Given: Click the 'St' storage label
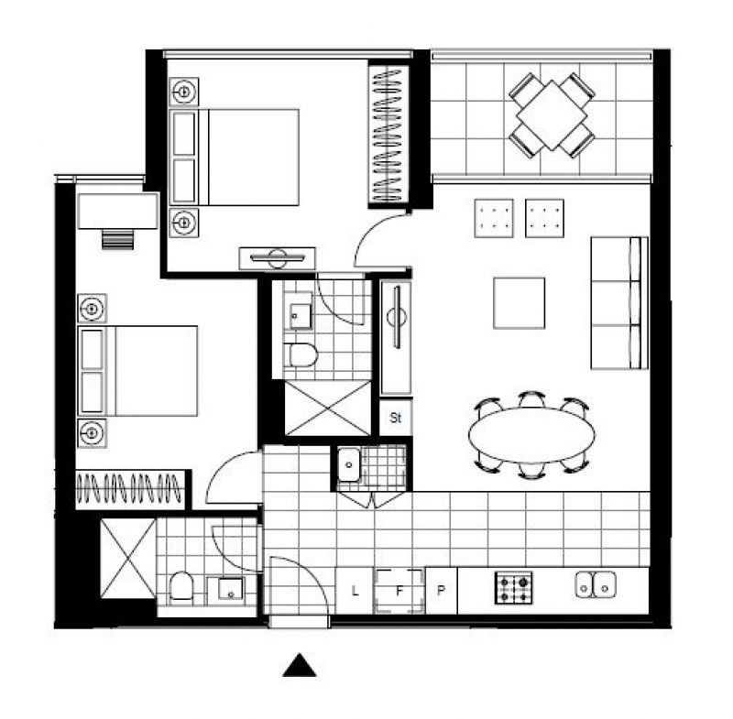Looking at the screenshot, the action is [x=396, y=417].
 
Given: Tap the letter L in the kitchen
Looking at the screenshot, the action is [x=355, y=591].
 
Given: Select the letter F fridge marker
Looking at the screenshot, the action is [x=399, y=591].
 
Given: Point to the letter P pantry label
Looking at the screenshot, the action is [x=441, y=591].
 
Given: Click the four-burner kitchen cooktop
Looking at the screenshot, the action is [x=514, y=588].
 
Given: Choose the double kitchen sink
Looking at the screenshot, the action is [x=596, y=585].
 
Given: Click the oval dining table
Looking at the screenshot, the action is [x=531, y=435].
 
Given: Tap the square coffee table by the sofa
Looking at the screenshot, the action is [x=519, y=303].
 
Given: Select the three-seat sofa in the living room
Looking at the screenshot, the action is [x=619, y=303].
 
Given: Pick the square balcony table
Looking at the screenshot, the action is [x=552, y=114].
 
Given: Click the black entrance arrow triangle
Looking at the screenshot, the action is [x=300, y=665].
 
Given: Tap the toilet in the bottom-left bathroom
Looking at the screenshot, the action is [x=181, y=586].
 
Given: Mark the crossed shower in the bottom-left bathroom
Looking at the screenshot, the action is [x=128, y=559].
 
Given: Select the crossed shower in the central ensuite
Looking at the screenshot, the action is [x=328, y=409].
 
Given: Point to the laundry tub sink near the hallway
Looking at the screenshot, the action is [x=349, y=464].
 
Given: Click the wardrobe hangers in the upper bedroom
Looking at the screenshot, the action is [x=388, y=135].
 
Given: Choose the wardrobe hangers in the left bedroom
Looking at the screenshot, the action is [x=129, y=488].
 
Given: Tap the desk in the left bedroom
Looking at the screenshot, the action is [x=118, y=212].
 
